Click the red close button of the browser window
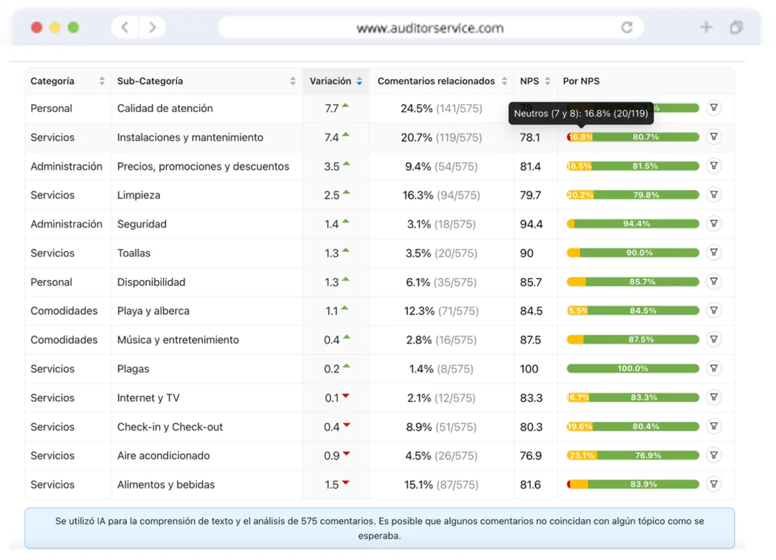[x=37, y=27]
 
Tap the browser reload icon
[x=627, y=27]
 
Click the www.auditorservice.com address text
[x=430, y=28]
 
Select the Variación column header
[x=330, y=81]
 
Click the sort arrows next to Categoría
[x=102, y=81]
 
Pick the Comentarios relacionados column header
[x=436, y=81]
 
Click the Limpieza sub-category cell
[x=138, y=195]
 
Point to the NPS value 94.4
[x=531, y=224]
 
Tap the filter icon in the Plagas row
[x=714, y=368]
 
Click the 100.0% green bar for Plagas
[x=632, y=368]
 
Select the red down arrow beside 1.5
[x=346, y=482]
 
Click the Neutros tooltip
[x=581, y=113]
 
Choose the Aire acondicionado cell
[x=163, y=455]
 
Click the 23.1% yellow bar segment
[x=582, y=455]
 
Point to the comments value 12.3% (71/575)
[x=441, y=311]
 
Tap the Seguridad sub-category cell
[x=142, y=224]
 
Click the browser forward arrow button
[x=152, y=27]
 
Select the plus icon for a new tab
[x=706, y=27]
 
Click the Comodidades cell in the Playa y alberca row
[x=64, y=311]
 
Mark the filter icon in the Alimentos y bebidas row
[x=714, y=484]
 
